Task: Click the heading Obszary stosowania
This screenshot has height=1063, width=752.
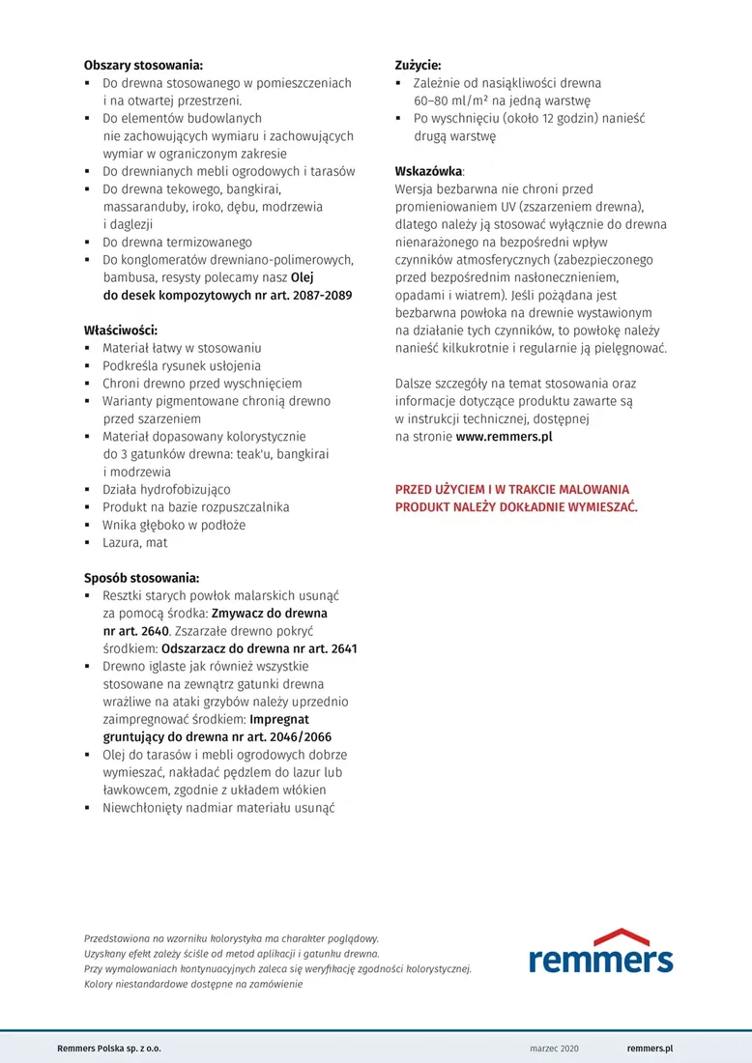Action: tap(143, 66)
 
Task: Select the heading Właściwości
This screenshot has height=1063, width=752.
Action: tap(120, 330)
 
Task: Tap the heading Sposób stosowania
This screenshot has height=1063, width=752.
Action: tap(141, 578)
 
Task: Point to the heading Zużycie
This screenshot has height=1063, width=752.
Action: tap(418, 66)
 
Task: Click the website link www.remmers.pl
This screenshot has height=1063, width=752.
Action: tap(504, 437)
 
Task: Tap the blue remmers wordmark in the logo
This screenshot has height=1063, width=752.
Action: tap(600, 960)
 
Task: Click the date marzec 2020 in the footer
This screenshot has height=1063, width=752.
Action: tap(555, 1049)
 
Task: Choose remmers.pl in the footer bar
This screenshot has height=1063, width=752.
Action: tap(650, 1049)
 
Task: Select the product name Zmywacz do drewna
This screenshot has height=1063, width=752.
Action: tap(270, 614)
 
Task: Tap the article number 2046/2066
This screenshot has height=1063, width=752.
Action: tap(313, 737)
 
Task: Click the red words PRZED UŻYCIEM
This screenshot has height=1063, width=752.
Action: tap(440, 490)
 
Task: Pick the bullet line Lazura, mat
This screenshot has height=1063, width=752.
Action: tap(135, 542)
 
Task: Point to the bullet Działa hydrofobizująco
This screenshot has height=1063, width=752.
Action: tap(166, 490)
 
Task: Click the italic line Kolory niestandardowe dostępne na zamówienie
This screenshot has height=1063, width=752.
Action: tap(193, 984)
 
